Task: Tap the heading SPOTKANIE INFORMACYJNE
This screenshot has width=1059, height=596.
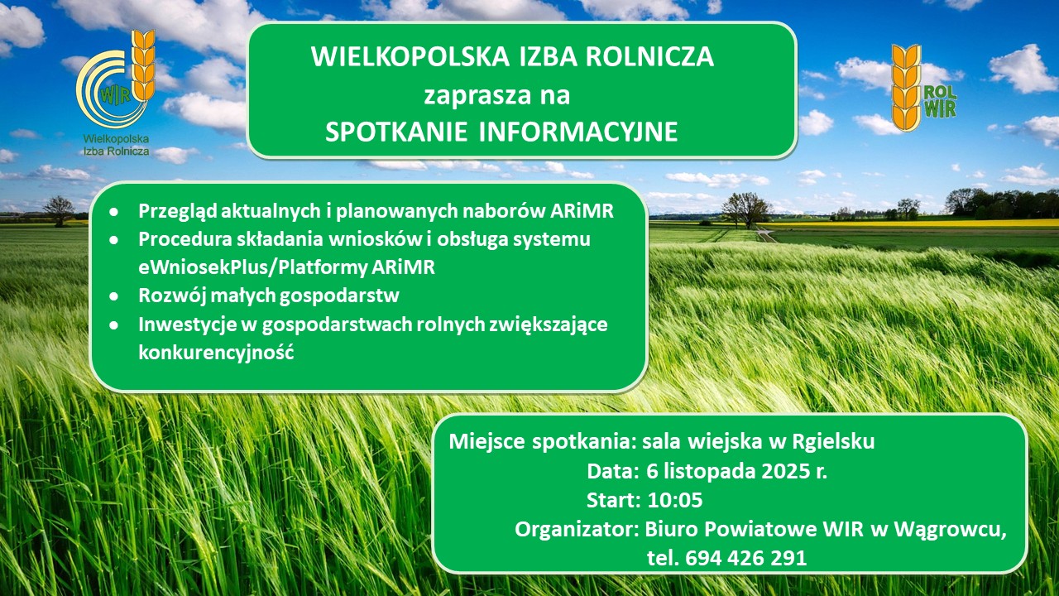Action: point(501,132)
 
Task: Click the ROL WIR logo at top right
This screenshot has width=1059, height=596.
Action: point(922,89)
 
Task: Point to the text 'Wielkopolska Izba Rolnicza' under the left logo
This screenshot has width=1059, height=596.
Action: point(115,146)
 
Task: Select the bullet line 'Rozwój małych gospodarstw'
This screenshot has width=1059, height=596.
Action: point(270,295)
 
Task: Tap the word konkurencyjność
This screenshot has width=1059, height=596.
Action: point(217,351)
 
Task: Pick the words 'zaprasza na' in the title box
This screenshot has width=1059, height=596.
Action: point(496,95)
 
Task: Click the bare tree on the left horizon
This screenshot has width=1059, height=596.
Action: point(60,209)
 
